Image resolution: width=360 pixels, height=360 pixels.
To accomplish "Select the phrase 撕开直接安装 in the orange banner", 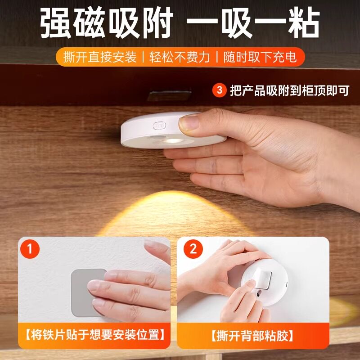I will point(100,58).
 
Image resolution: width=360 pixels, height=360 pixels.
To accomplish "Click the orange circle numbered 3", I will point(219,90).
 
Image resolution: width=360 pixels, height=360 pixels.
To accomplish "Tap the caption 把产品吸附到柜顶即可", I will point(289,90).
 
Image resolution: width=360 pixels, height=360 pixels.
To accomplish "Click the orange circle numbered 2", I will point(193,249).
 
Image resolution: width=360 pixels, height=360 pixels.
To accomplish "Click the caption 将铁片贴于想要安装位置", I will point(94,335).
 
